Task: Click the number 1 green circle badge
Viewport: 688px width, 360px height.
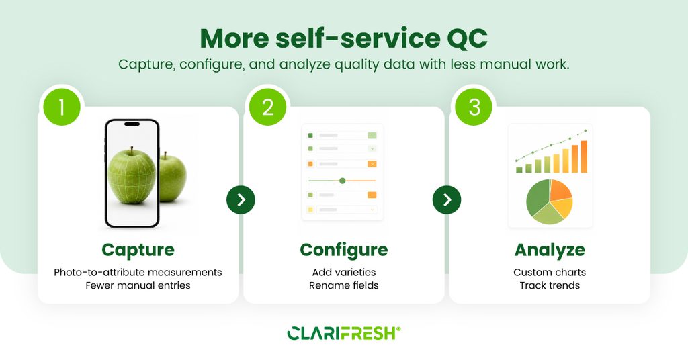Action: [62, 107]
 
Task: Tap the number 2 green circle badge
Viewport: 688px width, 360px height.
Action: [267, 107]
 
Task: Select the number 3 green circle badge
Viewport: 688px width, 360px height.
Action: [474, 107]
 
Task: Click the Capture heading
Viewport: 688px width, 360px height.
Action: [138, 251]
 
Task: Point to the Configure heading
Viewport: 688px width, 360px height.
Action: [344, 251]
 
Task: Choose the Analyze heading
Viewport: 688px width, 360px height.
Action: [550, 251]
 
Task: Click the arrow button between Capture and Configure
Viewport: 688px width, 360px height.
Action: [241, 200]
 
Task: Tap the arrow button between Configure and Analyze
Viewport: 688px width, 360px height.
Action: [447, 200]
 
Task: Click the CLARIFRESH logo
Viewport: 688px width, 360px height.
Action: [344, 333]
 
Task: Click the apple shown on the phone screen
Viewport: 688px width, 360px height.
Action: [132, 175]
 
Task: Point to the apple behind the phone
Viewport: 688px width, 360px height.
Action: [173, 177]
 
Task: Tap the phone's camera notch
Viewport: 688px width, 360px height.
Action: [132, 124]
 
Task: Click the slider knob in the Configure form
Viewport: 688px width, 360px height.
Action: [343, 181]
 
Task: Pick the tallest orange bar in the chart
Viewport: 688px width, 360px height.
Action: [584, 156]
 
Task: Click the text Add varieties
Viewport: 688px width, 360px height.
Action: [344, 272]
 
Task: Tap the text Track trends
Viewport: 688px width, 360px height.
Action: [550, 285]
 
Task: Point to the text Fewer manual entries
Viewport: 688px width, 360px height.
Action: [138, 285]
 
